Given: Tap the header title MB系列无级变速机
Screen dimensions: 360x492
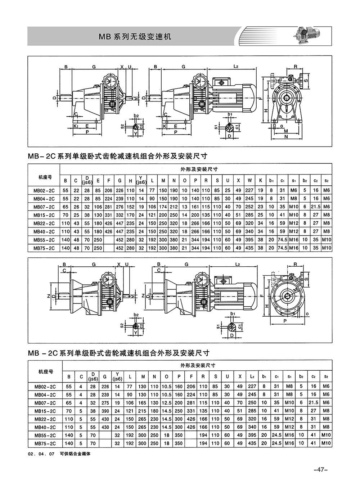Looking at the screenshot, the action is [x=135, y=37].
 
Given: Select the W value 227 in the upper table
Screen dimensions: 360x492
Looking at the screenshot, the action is [x=249, y=190].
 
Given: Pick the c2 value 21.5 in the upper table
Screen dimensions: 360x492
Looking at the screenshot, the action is [x=315, y=207].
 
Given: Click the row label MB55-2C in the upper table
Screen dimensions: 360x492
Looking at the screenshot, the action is [x=44, y=240].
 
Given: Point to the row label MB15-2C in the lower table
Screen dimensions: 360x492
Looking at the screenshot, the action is [x=45, y=411].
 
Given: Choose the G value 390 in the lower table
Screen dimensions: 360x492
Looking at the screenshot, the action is [x=105, y=411].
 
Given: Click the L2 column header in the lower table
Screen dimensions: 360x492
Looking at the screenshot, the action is [x=252, y=376].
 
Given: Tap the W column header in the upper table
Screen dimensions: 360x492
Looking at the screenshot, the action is [x=249, y=180].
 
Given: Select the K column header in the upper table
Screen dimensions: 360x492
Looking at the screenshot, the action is [x=261, y=180].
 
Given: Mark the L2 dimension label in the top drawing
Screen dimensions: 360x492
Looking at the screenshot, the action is [x=236, y=66].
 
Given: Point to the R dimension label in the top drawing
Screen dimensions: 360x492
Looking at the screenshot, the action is [x=296, y=66].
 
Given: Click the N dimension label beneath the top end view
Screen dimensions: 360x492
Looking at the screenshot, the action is [x=286, y=137].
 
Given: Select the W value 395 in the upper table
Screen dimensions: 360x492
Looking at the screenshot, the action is [x=249, y=240].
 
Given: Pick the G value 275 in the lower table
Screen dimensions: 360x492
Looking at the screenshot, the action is [x=105, y=403].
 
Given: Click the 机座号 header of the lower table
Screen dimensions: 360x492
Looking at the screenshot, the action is [x=45, y=372].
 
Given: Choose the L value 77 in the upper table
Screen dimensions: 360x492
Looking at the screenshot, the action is [x=152, y=190].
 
